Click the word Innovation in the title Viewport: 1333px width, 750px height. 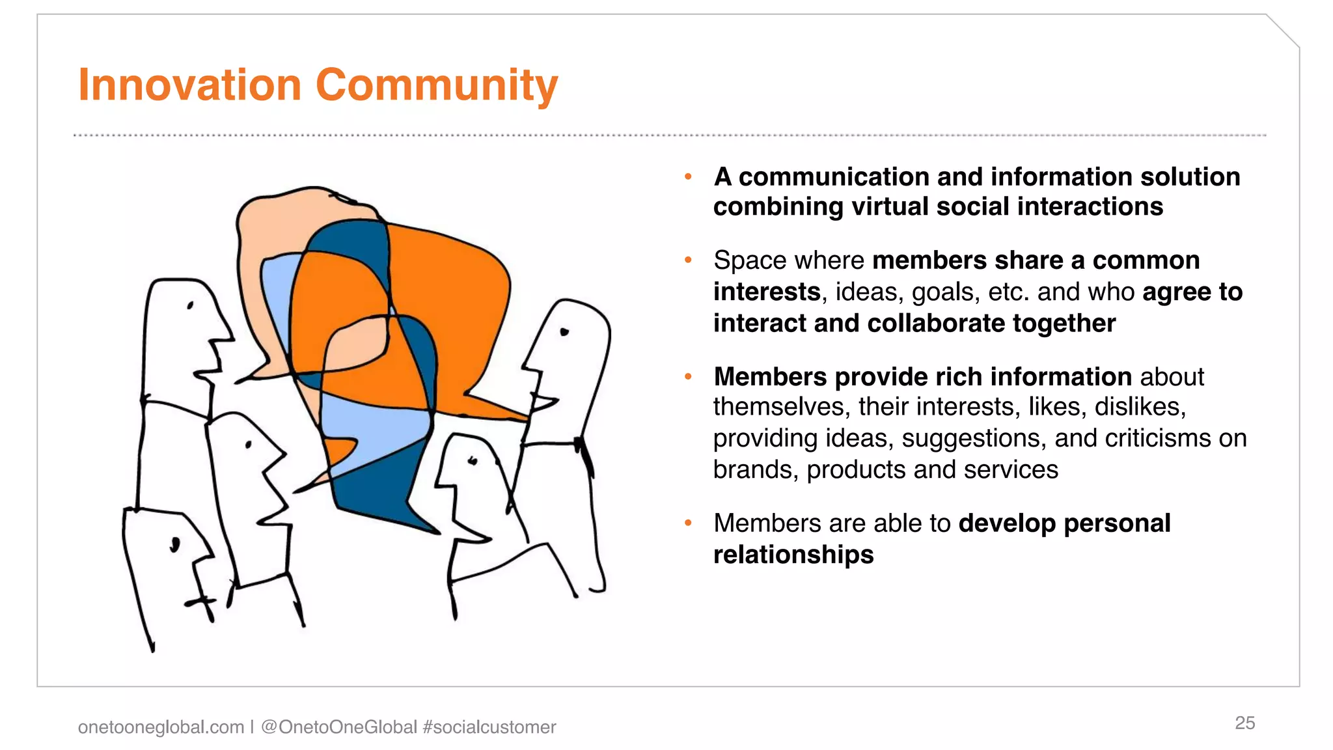coord(189,85)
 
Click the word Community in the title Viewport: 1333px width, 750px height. coord(437,85)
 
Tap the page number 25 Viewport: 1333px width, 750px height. coord(1244,723)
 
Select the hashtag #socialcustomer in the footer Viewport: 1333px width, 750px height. coord(489,727)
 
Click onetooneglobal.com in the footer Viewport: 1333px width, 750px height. coord(161,727)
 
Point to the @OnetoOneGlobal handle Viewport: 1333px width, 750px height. coord(338,727)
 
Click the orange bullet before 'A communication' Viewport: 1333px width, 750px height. coord(688,176)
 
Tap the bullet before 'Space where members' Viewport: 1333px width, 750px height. coord(688,260)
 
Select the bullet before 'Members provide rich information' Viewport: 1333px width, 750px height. coord(688,376)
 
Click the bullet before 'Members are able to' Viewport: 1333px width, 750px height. coord(688,523)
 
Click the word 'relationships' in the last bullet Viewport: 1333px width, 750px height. coord(793,555)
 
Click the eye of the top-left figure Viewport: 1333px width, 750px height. coord(190,305)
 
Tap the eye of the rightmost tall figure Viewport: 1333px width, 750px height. coord(564,332)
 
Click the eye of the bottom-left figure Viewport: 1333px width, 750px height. coord(174,544)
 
